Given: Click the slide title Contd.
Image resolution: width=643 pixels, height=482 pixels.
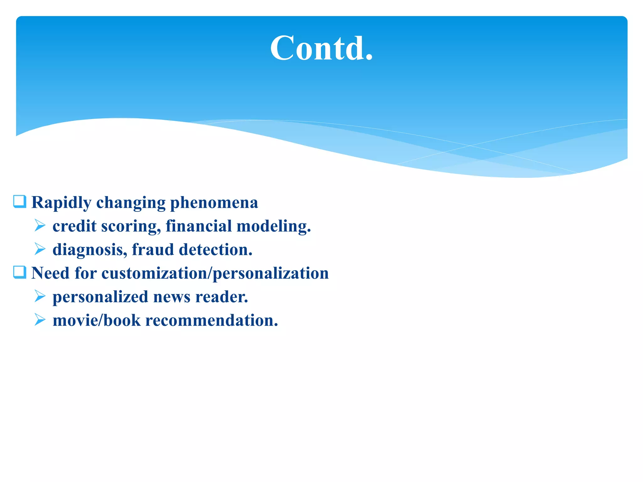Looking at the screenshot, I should tap(321, 48).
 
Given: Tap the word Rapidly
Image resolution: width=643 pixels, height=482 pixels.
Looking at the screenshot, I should tap(61, 203).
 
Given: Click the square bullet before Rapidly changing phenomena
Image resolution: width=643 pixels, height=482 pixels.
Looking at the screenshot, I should tap(19, 201).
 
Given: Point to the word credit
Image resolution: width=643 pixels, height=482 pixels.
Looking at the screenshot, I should tap(74, 226).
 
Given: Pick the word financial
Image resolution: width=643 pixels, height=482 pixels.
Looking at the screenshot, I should tap(198, 226).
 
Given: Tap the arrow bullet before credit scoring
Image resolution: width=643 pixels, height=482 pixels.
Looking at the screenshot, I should tap(40, 225).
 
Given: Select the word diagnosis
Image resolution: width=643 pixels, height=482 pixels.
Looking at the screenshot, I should tap(90, 250).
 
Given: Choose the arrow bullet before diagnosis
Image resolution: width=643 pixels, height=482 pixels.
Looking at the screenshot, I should tap(40, 249).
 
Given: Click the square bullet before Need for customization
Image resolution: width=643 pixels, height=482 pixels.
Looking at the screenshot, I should tap(19, 272).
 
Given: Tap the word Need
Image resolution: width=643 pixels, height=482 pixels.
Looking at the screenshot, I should tap(50, 273).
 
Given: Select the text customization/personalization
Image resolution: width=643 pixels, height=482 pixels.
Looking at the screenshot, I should tap(215, 273).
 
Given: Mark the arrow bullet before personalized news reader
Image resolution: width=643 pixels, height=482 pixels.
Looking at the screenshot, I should tap(40, 296).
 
